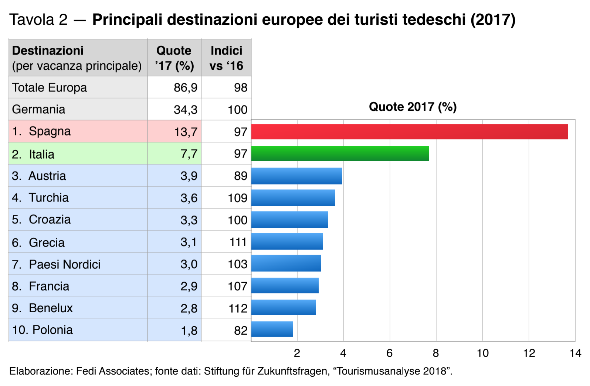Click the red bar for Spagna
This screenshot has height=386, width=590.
[x=409, y=132]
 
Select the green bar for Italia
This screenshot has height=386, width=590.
[x=340, y=154]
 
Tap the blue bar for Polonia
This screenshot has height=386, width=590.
[x=272, y=329]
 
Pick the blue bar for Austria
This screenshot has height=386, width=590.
[x=296, y=176]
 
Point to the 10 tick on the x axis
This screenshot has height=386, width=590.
[x=482, y=353]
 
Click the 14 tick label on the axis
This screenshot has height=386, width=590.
[x=575, y=353]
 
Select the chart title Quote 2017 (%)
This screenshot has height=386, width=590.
[x=413, y=107]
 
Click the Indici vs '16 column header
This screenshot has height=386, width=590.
[x=226, y=58]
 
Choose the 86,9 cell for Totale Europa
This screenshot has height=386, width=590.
[x=185, y=88]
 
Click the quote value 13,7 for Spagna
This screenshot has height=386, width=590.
[x=186, y=132]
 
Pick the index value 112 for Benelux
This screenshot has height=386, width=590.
[x=238, y=308]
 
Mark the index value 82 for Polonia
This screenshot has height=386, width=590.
[x=241, y=330]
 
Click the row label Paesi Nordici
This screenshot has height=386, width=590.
[x=64, y=264]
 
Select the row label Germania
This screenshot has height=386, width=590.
[x=38, y=110]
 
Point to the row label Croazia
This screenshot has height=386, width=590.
[x=50, y=220]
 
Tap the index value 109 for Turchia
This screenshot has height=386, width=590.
[x=237, y=198]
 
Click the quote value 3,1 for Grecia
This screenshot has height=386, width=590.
[x=189, y=242]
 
